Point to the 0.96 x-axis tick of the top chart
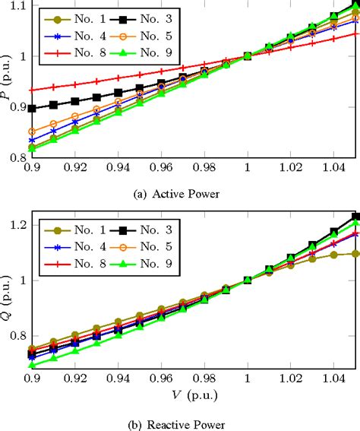pos(161,165)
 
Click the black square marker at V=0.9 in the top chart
pos(32,109)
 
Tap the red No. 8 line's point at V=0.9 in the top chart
pos(32,90)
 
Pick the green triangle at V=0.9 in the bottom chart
pos(32,366)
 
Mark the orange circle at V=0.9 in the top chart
pos(32,132)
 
